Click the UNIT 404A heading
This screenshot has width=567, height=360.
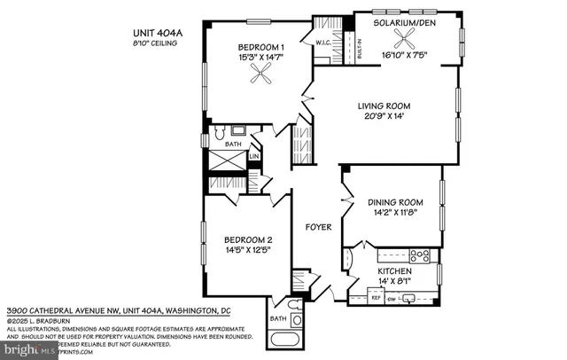coord(154,34)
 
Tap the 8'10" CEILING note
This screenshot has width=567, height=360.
coord(153,43)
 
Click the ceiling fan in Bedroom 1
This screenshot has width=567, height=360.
coord(261,78)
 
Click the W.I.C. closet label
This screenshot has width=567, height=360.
coord(322,40)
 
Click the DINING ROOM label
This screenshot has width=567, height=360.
coord(392,202)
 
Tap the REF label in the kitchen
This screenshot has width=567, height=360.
coord(375,299)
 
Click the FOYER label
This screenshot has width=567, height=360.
coord(318,227)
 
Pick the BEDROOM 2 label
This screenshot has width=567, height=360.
coord(246,239)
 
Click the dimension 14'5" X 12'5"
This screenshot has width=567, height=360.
coord(246,251)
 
